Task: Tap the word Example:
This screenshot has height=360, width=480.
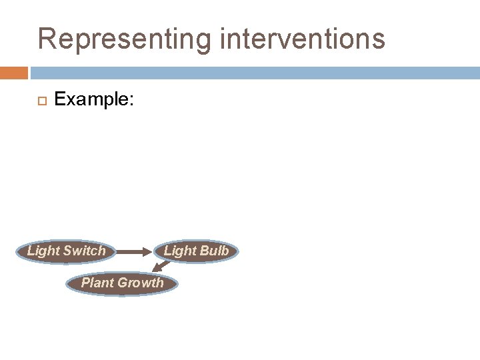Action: (95, 100)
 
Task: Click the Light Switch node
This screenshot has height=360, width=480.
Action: (66, 251)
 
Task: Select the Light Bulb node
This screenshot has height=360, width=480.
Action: (196, 251)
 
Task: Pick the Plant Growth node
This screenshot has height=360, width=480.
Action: (122, 283)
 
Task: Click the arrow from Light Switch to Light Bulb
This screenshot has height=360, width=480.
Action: (137, 252)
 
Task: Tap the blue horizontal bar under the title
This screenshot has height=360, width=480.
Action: (253, 72)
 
